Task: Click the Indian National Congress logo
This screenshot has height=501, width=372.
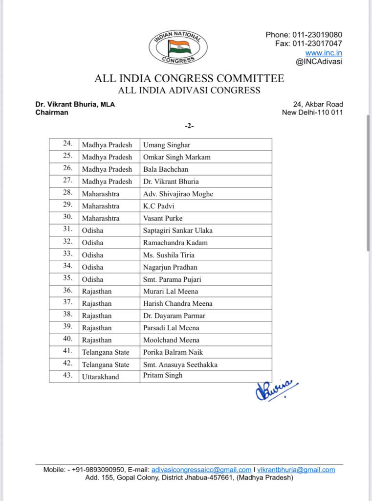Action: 178,47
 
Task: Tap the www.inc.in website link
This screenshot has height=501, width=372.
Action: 324,53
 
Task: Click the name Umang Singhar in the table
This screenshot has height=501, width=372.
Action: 167,145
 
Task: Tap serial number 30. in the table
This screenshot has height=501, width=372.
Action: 67,218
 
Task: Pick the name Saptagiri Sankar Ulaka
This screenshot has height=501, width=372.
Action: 177,230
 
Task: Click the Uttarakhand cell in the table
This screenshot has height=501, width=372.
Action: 100,377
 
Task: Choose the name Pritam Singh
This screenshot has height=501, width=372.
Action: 163,375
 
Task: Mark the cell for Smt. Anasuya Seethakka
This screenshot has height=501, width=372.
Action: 180,364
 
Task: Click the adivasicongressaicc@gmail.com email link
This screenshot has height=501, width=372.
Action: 201,470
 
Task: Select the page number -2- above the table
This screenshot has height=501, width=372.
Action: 189,126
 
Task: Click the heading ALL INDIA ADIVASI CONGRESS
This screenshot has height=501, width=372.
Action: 189,91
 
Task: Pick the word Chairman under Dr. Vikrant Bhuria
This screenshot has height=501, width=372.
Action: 52,113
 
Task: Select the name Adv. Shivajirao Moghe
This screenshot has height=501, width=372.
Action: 178,194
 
